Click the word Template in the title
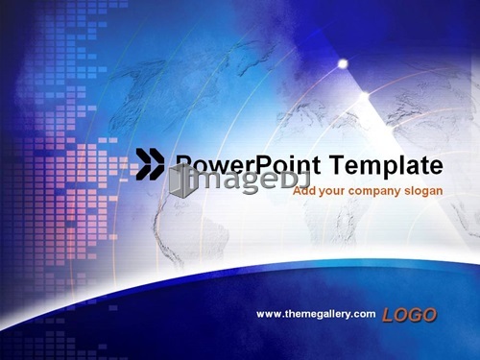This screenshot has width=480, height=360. (386, 166)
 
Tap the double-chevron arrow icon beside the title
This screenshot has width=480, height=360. (150, 164)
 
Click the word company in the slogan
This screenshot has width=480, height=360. (374, 191)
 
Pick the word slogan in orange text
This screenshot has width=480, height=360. (423, 191)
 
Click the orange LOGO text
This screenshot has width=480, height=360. (409, 315)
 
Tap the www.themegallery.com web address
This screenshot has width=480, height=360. (316, 314)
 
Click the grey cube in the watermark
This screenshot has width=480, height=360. (182, 180)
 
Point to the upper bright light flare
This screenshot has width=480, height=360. (343, 63)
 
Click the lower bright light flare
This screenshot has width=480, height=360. (365, 95)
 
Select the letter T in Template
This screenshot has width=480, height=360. (337, 164)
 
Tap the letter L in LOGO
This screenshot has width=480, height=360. (388, 315)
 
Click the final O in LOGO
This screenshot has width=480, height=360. (429, 315)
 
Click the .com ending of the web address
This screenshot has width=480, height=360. (365, 314)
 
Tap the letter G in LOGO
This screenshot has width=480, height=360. (415, 315)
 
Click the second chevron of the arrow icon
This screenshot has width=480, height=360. (156, 164)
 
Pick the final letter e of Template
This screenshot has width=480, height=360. (437, 167)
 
